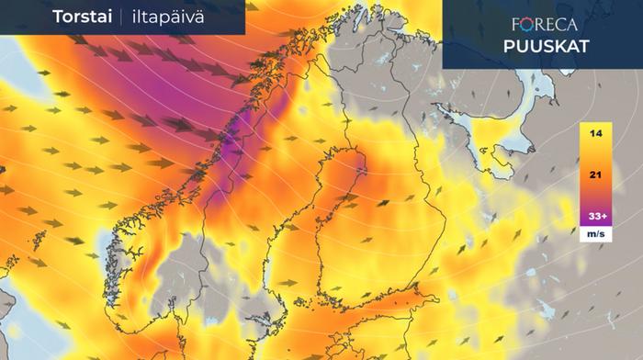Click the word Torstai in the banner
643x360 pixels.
pyautogui.click(x=82, y=17)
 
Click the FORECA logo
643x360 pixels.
pyautogui.click(x=541, y=25)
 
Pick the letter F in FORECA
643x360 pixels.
pyautogui.click(x=515, y=25)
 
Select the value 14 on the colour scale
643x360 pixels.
pyautogui.click(x=596, y=134)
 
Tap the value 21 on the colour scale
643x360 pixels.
pyautogui.click(x=596, y=174)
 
